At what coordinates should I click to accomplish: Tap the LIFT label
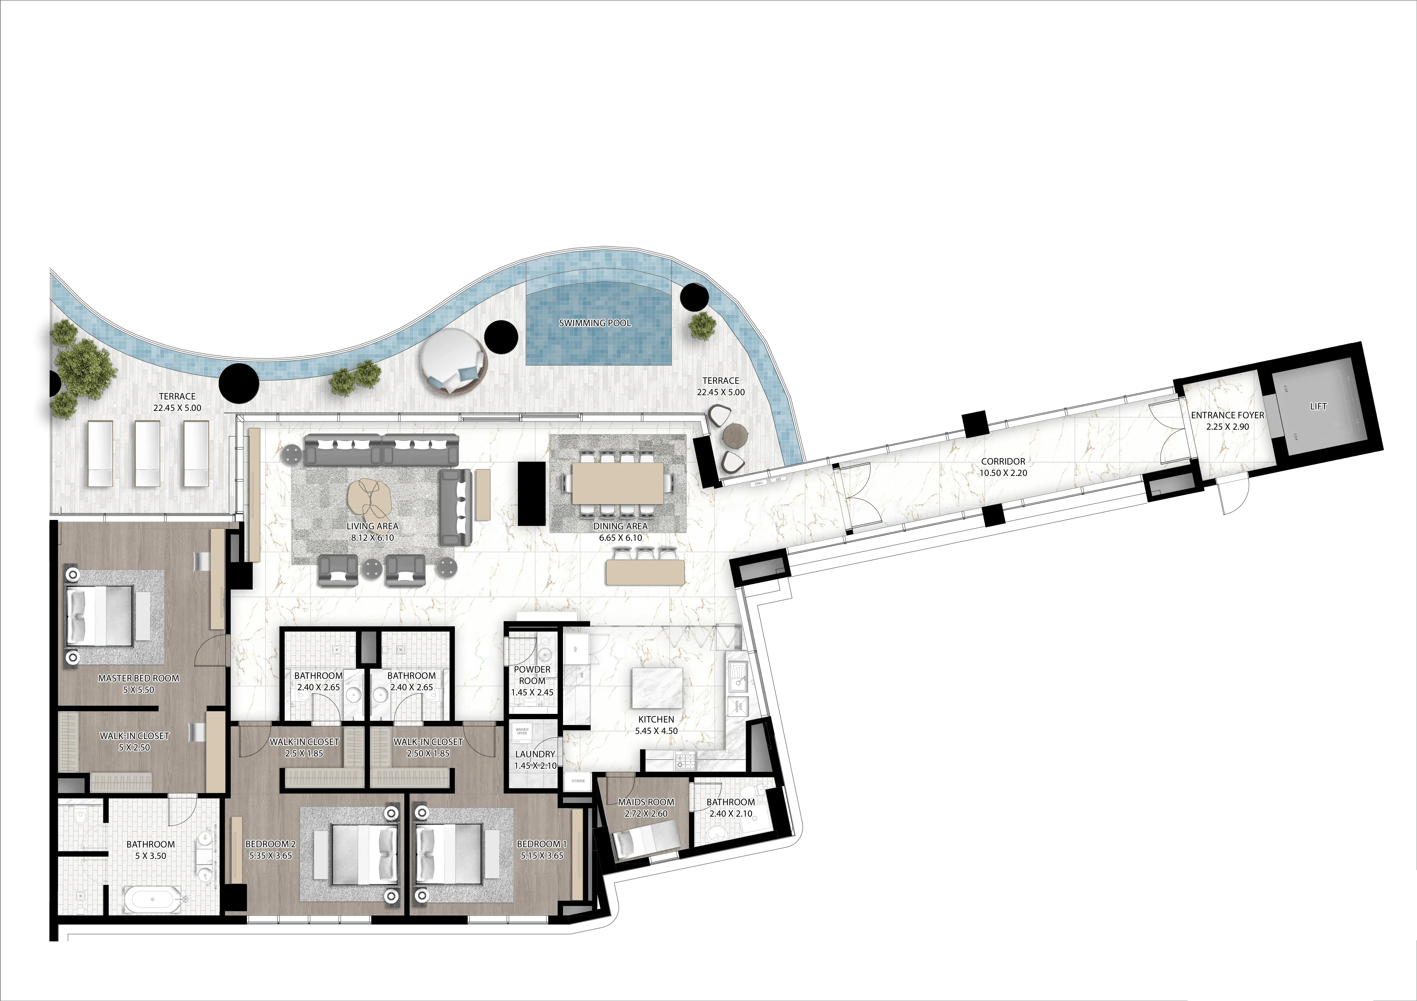pos(1318,406)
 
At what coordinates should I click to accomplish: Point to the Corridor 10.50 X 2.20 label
pos(1003,467)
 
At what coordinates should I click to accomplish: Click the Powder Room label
pos(532,675)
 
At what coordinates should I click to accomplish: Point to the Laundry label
pos(535,754)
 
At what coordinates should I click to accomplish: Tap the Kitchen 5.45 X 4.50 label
pos(656,725)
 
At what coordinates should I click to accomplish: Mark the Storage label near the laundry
pos(578,781)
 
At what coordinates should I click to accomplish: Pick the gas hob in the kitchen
pos(685,760)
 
